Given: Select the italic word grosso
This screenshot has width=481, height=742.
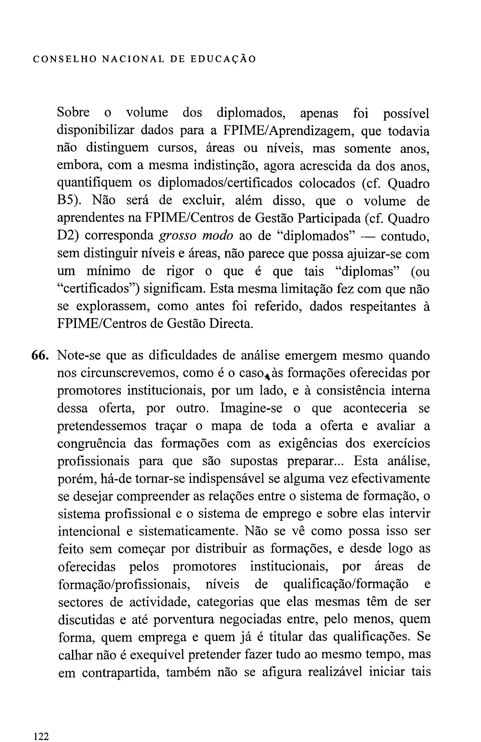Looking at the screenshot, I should (177, 236).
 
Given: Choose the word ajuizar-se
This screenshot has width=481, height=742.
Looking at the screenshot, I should (377, 254).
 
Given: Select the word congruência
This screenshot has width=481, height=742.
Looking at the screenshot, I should (92, 443).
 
